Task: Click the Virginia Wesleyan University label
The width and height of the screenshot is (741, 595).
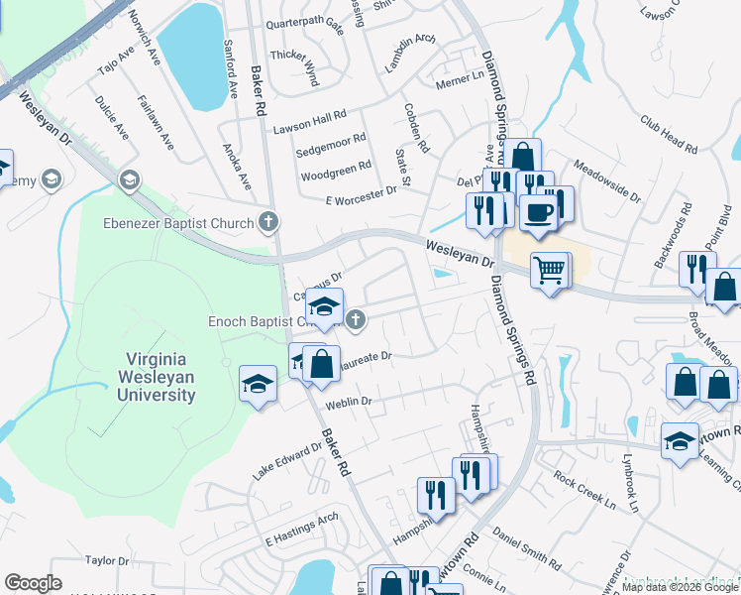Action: click(x=159, y=377)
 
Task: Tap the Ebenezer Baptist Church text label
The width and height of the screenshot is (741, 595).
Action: click(x=178, y=223)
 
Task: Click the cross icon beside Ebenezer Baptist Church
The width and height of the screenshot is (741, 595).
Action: click(x=266, y=221)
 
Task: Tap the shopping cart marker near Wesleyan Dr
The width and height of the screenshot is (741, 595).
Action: click(x=550, y=268)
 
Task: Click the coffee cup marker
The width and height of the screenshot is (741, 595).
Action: click(x=537, y=212)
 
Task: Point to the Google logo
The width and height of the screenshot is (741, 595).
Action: click(x=33, y=583)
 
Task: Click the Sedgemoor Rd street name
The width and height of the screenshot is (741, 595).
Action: click(x=331, y=145)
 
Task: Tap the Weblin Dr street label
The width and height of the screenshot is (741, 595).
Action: click(x=347, y=402)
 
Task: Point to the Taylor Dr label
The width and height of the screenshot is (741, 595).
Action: click(x=107, y=560)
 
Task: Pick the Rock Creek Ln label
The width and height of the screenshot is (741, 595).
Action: click(x=584, y=492)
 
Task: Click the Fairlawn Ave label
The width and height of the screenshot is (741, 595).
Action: click(x=156, y=122)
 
